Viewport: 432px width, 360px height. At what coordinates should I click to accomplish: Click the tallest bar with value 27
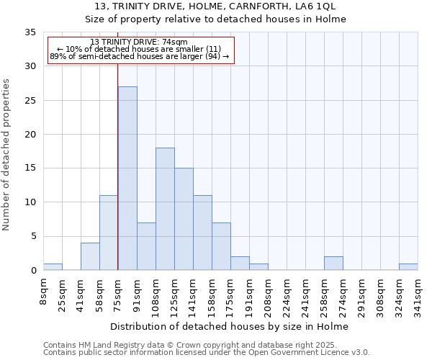tap(127, 178)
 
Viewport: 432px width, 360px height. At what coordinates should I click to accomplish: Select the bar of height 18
tap(165, 209)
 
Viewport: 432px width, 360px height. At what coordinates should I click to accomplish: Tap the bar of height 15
tap(184, 219)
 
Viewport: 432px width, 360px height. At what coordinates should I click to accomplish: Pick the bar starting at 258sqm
tap(333, 264)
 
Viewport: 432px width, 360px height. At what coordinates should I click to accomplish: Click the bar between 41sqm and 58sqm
tap(90, 256)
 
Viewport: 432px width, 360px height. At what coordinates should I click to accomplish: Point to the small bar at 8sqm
tap(53, 266)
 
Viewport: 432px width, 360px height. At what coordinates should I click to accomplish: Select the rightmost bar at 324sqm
tap(408, 266)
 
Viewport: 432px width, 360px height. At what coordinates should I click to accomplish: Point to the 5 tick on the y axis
tap(33, 236)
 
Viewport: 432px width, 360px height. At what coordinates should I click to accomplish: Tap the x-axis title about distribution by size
tap(230, 327)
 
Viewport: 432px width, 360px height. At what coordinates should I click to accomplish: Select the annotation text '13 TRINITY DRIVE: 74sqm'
tap(140, 42)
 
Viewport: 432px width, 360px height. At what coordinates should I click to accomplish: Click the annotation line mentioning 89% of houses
tap(140, 56)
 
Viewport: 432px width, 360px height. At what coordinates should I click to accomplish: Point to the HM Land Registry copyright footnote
tap(206, 345)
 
